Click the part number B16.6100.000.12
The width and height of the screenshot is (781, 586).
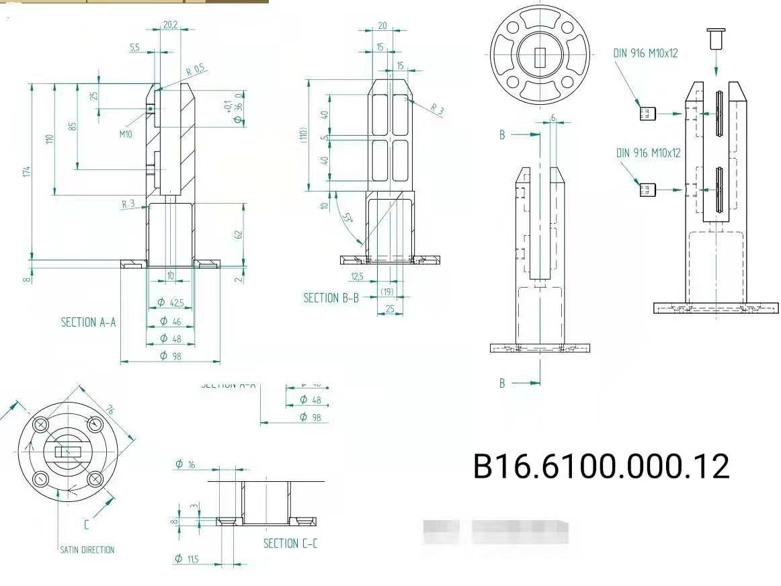tap(601, 466)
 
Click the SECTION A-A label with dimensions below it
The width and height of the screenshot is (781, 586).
tap(88, 322)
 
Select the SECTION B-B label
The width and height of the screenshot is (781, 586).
tap(331, 297)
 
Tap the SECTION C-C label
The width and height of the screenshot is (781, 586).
tap(290, 543)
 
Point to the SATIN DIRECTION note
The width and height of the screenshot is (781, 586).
tap(87, 550)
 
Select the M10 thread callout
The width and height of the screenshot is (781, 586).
tap(126, 134)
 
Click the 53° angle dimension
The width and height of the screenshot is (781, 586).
tap(347, 218)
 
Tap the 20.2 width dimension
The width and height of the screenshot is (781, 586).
tap(170, 26)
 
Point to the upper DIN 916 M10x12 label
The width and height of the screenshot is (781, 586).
tap(645, 53)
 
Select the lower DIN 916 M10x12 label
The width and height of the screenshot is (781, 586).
tap(648, 153)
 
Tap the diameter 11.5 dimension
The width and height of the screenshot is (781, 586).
tap(188, 558)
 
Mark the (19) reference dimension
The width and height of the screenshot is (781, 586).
tap(386, 292)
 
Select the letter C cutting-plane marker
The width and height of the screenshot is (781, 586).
tap(87, 524)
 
